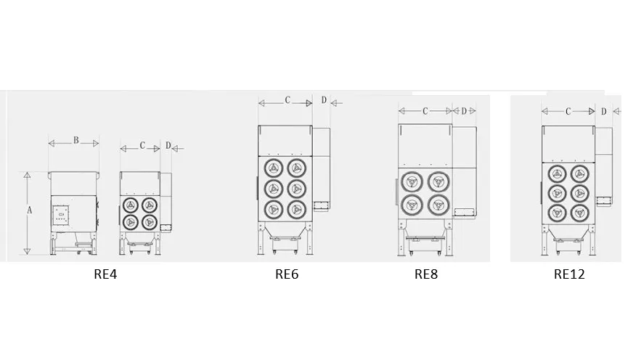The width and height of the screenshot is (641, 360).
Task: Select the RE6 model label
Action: pos(287,274)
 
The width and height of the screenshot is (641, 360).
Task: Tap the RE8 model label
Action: pos(426,274)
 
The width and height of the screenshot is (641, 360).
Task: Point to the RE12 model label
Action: pos(569,274)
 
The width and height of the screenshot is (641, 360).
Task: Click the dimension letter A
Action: pos(30,210)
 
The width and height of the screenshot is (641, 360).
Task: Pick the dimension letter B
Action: pos(75,140)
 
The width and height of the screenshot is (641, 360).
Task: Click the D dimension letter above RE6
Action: pos(324,100)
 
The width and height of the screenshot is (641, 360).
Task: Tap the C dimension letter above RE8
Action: pos(425,110)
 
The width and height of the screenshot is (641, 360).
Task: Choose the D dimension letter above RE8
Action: pos(464,110)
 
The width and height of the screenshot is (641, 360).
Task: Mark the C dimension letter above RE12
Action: pos(568,111)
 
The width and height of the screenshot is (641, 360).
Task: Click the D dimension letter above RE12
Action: pos(603,111)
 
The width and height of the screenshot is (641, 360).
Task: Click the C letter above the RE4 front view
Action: pos(143,146)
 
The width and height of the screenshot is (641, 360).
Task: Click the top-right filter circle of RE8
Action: pos(436,181)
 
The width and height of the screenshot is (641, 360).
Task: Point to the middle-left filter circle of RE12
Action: pos(558,193)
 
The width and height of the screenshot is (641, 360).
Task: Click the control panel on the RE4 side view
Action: pos(61,213)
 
